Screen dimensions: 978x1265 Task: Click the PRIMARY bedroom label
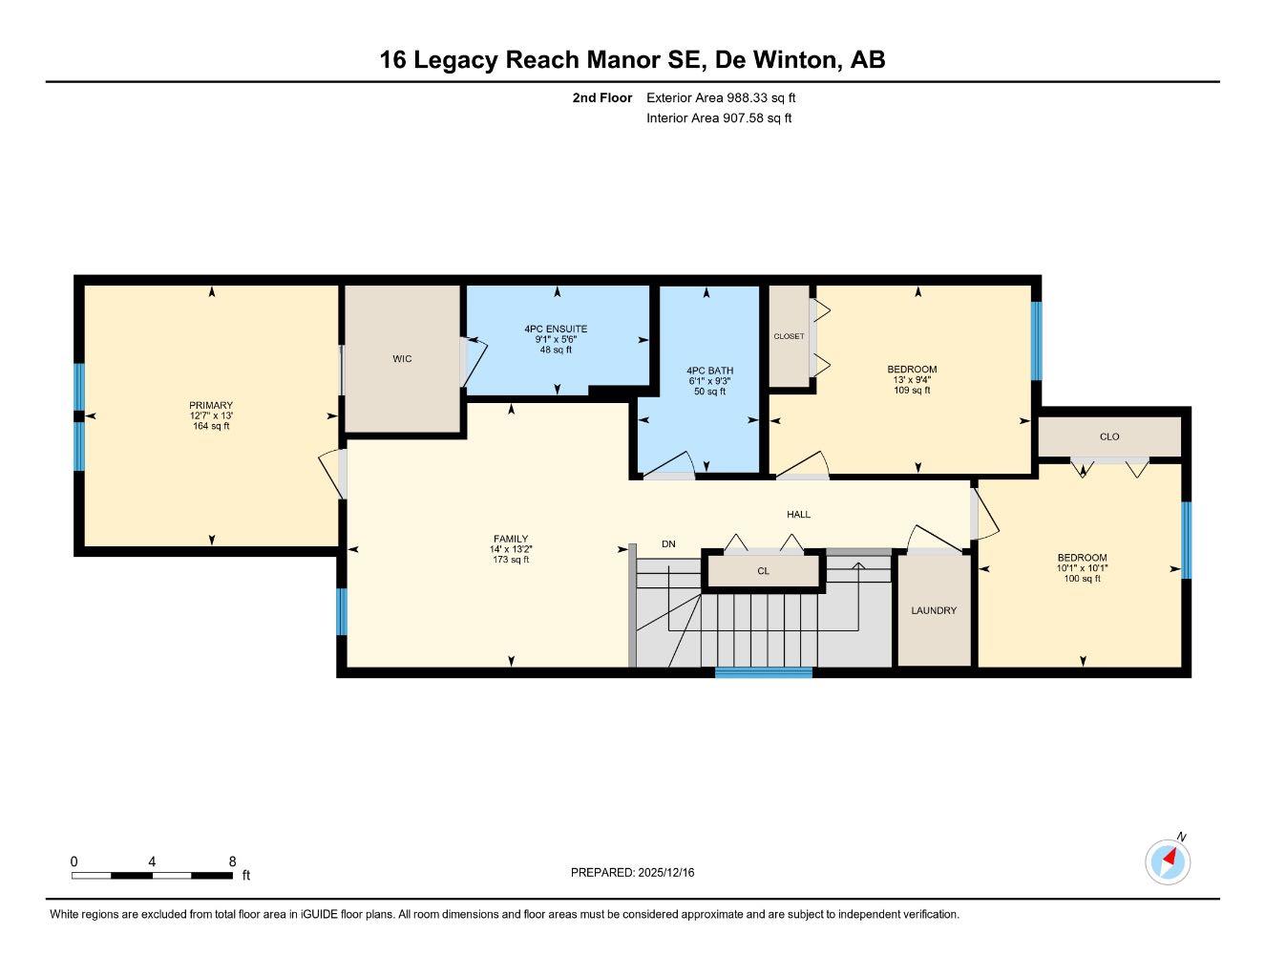(211, 405)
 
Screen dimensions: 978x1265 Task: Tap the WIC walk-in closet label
(402, 359)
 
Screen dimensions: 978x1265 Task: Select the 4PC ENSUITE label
(556, 329)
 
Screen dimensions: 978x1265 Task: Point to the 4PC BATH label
(709, 371)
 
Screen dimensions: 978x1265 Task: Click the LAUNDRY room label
(933, 610)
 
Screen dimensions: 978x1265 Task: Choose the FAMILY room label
(511, 539)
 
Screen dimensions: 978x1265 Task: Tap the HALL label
(798, 514)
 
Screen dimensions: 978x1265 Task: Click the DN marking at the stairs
(668, 544)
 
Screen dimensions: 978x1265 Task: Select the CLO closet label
(1108, 436)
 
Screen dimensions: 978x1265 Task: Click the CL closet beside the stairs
(763, 571)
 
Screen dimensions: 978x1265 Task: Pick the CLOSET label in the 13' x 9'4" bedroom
(789, 336)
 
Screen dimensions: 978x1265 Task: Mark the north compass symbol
(1168, 861)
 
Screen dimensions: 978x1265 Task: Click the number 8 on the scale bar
(232, 861)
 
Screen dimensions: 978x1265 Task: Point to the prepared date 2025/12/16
(632, 872)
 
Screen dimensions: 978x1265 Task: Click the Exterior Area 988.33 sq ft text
(721, 97)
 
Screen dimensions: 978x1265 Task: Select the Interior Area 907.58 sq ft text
(719, 118)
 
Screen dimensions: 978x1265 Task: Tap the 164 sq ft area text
(211, 426)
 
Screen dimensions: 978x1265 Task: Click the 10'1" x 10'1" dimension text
(1082, 568)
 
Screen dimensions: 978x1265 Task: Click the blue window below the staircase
(764, 672)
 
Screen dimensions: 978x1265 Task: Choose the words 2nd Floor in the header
(601, 97)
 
